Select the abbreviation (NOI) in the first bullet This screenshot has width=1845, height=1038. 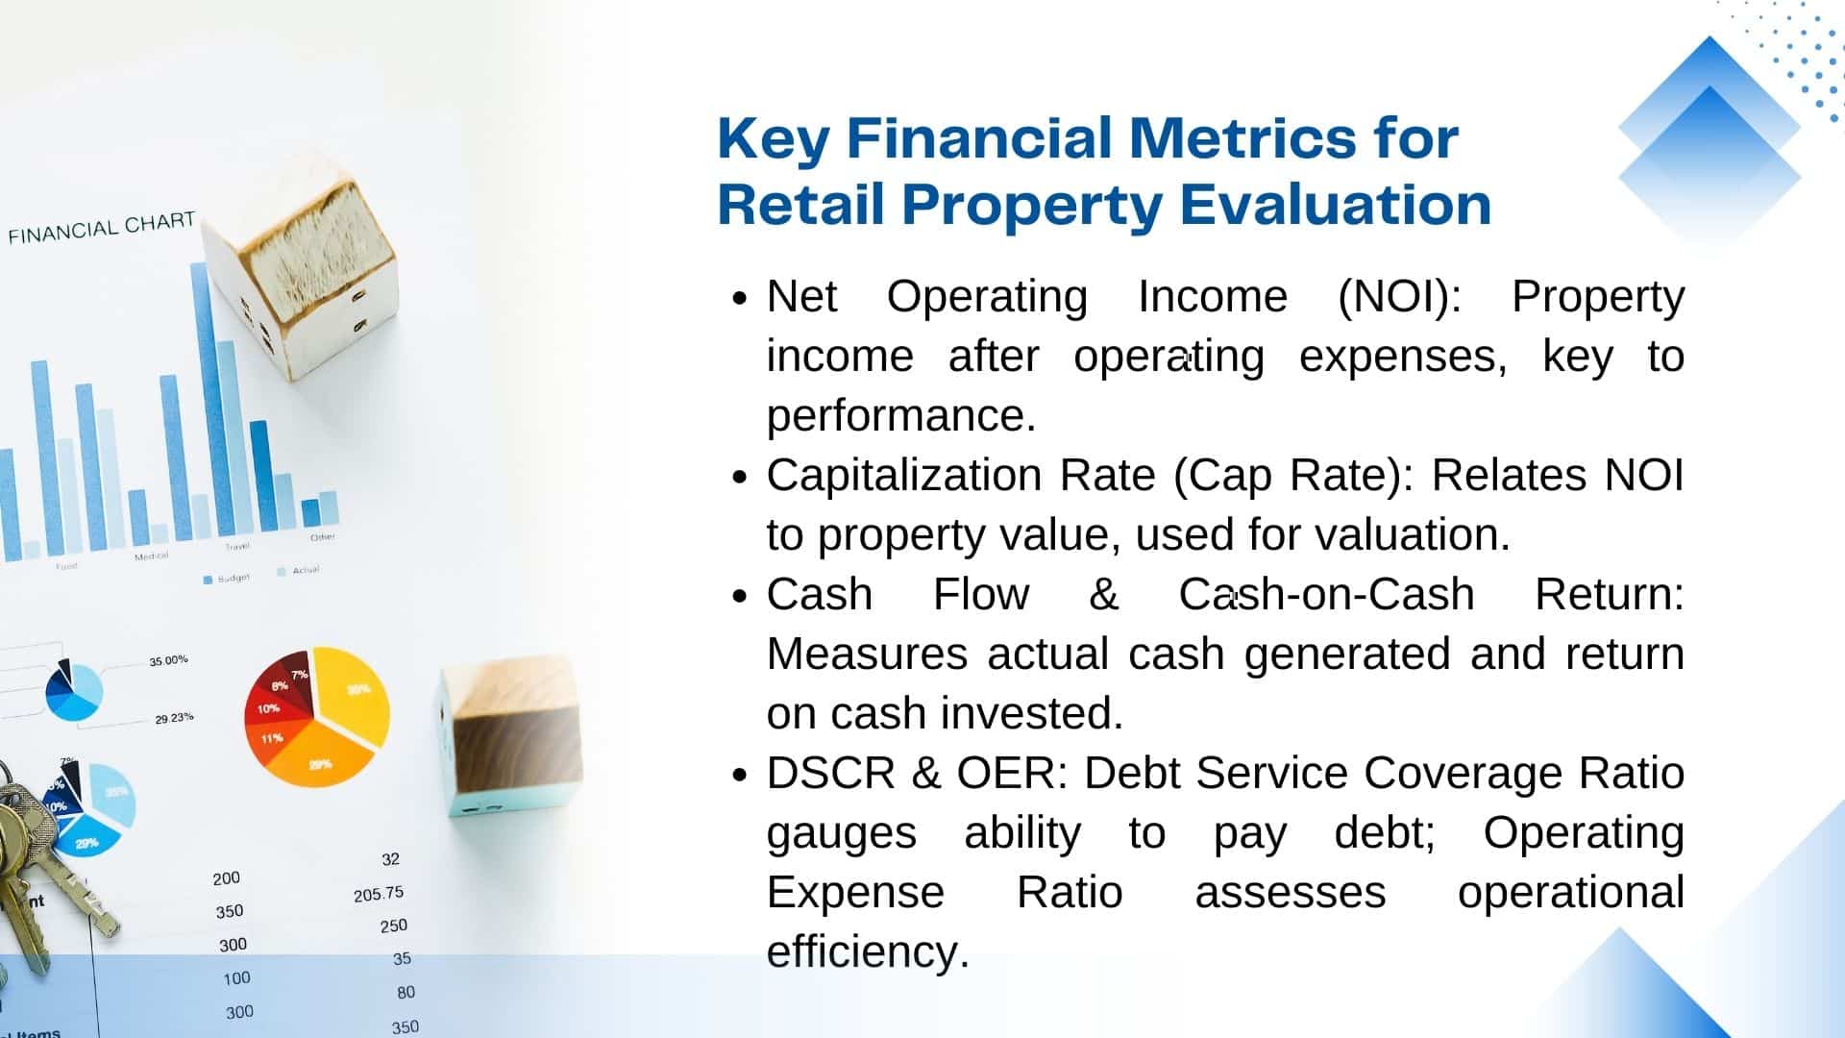[1400, 297]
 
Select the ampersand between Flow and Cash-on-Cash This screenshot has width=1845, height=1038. [1104, 594]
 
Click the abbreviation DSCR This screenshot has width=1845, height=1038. [831, 773]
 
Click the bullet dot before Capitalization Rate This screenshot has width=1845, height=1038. [739, 477]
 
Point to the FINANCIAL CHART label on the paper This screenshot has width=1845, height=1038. [102, 228]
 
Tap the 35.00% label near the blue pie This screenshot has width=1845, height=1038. [168, 660]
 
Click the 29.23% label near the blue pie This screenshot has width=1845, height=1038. [174, 718]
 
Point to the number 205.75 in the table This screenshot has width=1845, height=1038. [379, 894]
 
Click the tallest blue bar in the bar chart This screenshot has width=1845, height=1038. [208, 399]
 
